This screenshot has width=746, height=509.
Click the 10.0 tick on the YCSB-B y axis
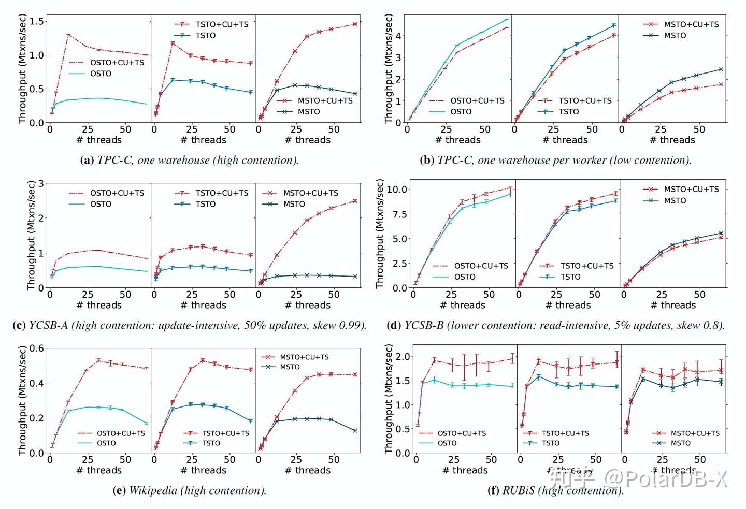[397, 190]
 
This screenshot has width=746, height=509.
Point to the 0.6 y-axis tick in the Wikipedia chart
[36, 348]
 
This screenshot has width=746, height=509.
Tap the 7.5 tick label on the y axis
[399, 214]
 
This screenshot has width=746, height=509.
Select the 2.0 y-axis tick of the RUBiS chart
[403, 357]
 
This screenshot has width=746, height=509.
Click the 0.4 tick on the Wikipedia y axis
[36, 384]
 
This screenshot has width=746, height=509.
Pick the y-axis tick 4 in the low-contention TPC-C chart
[398, 36]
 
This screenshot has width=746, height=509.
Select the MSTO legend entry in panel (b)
[675, 36]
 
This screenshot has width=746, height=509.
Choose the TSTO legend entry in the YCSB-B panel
[570, 277]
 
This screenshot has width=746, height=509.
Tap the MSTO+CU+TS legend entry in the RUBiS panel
[695, 433]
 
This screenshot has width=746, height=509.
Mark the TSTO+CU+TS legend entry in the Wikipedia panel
[225, 433]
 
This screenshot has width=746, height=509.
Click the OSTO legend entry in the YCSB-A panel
[101, 204]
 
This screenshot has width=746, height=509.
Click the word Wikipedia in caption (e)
[153, 490]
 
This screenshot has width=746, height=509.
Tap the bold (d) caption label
[394, 326]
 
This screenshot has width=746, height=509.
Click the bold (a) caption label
[87, 161]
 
